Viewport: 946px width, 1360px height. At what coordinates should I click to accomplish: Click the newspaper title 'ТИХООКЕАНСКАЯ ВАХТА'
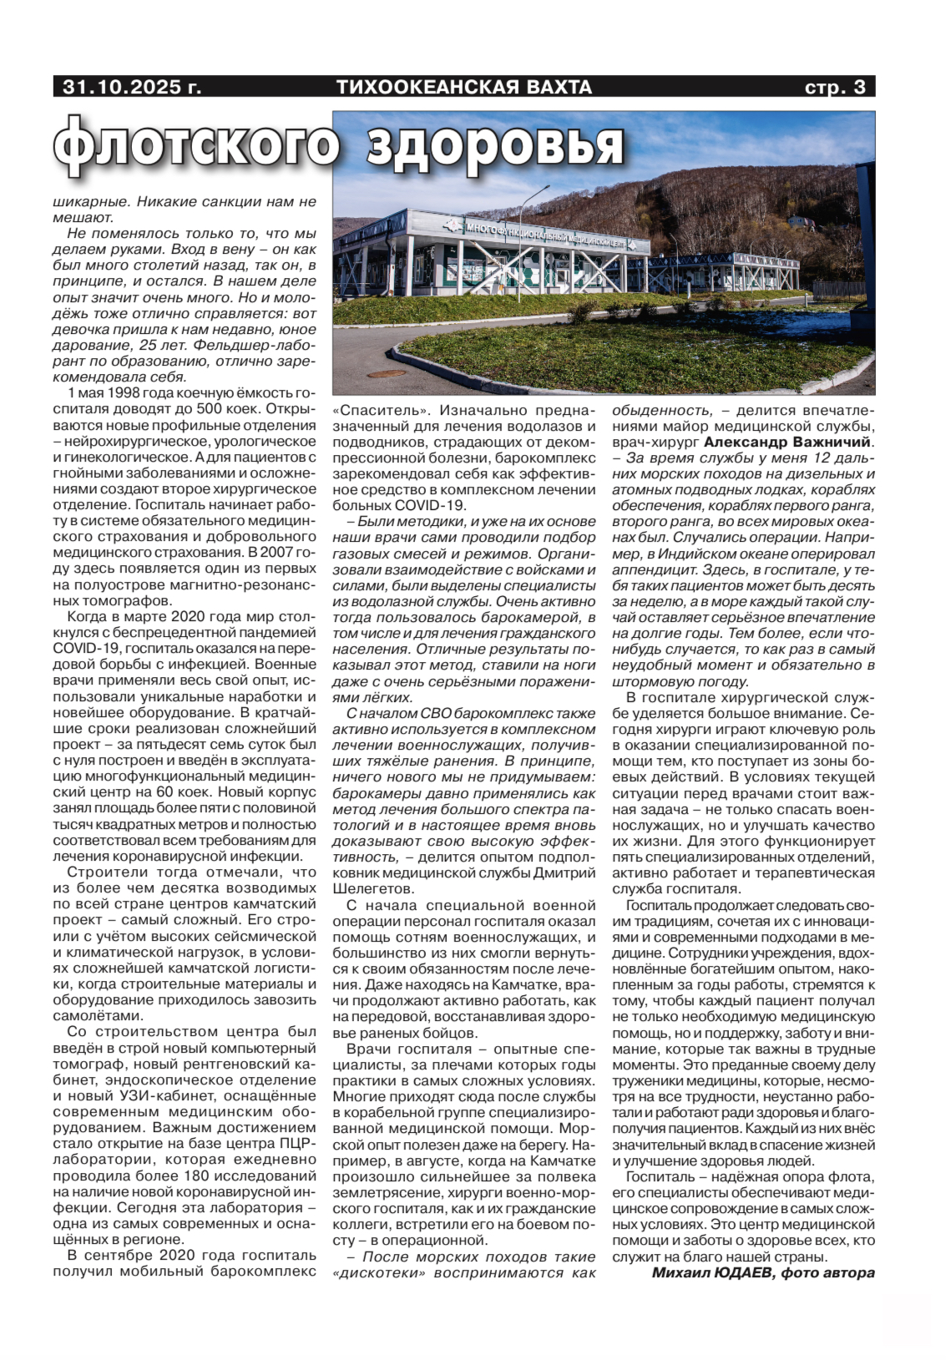point(463,87)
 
